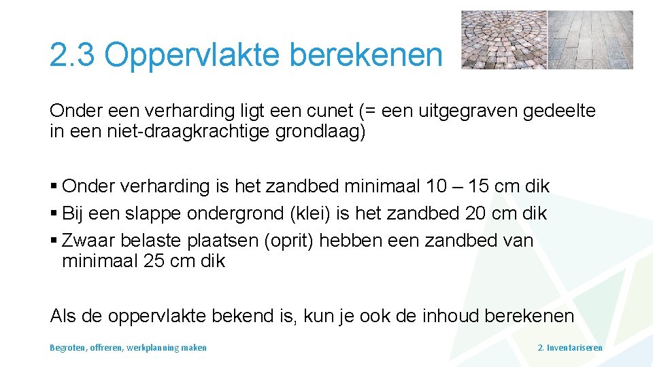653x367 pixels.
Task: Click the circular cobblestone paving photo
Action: coord(503,39)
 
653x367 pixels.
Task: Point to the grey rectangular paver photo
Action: coord(590,39)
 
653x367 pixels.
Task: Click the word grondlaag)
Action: coord(320,131)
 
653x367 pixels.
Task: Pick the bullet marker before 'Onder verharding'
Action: coord(54,186)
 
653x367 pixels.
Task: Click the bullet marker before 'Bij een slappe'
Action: coord(54,213)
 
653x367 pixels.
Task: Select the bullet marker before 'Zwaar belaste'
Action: coord(54,241)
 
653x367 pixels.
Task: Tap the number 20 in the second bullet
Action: coord(475,213)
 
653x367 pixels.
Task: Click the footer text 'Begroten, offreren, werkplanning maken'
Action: coord(128,347)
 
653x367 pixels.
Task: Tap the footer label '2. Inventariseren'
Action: coord(570,347)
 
